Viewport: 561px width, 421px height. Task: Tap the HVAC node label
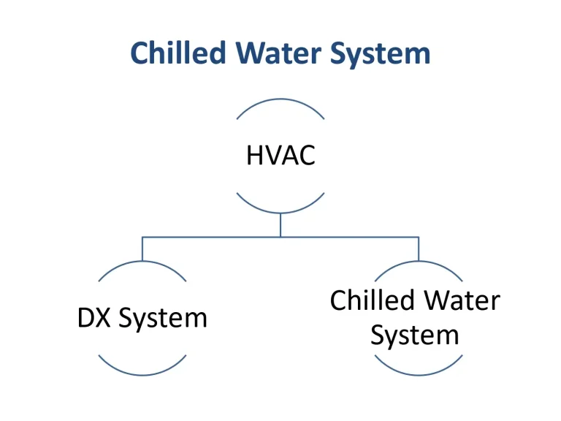point(280,155)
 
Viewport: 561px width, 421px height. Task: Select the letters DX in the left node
point(94,318)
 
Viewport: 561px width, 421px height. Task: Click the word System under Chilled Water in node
point(415,335)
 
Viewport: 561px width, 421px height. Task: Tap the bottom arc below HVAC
point(280,213)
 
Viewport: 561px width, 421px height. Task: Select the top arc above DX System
point(142,262)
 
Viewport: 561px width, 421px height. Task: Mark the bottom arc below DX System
point(142,375)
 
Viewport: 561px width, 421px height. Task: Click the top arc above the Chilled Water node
point(418,262)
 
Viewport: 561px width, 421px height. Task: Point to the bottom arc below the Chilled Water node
point(418,375)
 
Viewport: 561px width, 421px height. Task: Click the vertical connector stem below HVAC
point(280,225)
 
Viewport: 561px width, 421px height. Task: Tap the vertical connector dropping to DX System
point(142,249)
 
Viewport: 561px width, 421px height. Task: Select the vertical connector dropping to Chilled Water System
point(419,249)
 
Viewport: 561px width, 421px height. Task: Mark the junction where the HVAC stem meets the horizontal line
point(280,237)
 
